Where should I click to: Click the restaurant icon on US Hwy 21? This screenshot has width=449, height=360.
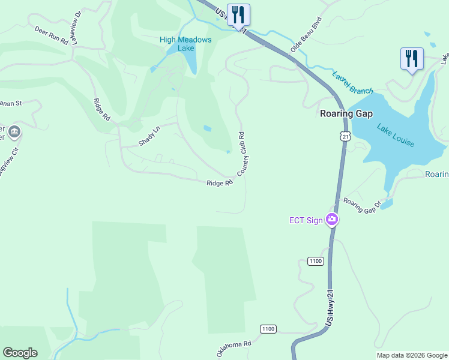(x=239, y=15)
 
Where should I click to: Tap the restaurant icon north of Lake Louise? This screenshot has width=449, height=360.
(x=412, y=59)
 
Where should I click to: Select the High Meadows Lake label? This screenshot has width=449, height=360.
(x=185, y=44)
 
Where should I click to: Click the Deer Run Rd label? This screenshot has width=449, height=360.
(x=52, y=35)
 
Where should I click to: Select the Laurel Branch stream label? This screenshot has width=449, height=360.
(x=352, y=83)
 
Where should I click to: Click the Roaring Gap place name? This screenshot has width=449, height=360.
(x=346, y=113)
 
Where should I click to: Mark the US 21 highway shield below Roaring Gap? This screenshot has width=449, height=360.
(x=344, y=137)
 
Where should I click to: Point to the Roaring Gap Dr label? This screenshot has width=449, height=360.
(x=362, y=206)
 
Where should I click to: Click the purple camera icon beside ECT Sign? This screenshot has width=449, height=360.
(x=331, y=220)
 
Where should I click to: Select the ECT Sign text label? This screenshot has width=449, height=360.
(x=306, y=220)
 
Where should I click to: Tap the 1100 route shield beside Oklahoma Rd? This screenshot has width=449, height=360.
(x=268, y=329)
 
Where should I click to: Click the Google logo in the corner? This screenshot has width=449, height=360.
(x=20, y=353)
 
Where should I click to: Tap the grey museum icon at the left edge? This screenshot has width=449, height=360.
(x=14, y=131)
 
